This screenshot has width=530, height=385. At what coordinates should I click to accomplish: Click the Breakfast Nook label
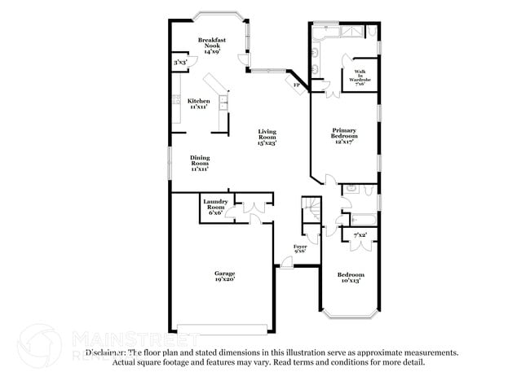214,46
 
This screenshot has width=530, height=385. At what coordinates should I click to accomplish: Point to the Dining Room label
200,163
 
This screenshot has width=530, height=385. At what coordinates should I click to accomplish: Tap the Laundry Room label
214,207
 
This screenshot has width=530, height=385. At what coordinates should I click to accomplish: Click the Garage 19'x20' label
224,276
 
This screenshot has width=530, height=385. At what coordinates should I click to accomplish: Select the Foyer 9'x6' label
301,248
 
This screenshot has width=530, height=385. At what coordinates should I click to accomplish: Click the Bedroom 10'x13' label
351,278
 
